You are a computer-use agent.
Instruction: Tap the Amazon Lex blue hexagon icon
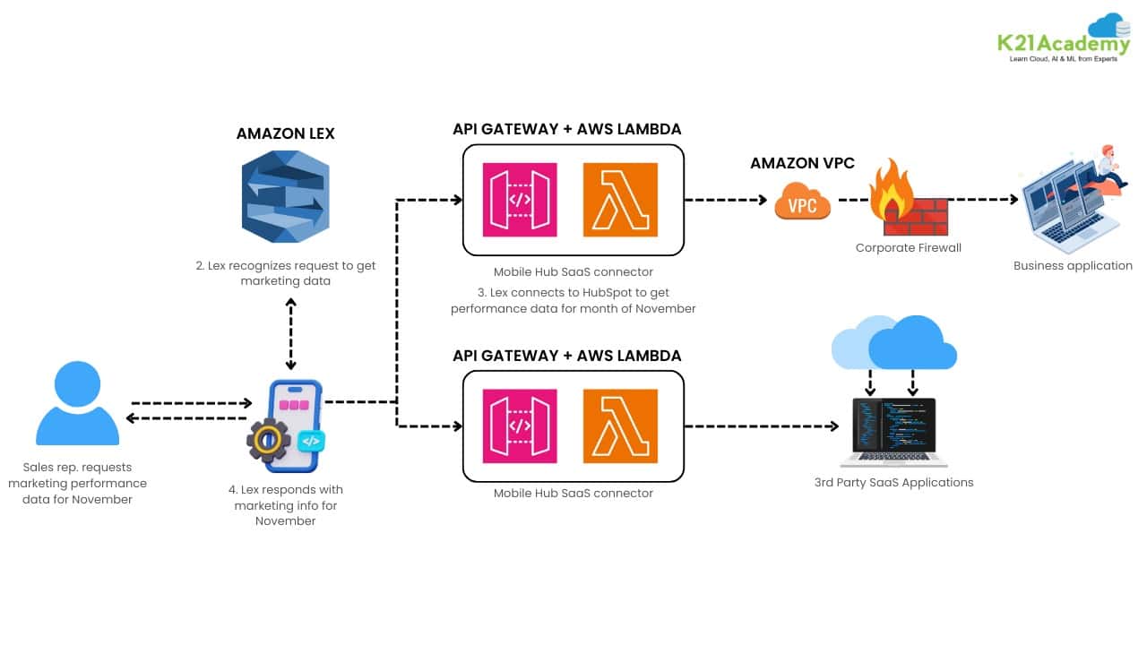(286, 197)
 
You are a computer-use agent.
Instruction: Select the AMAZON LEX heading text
(285, 133)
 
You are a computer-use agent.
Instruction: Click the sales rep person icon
(77, 404)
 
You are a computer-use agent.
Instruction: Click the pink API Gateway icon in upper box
(520, 200)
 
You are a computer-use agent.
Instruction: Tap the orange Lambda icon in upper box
(620, 200)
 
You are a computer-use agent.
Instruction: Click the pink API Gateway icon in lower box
(520, 426)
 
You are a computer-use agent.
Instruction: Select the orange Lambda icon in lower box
(620, 426)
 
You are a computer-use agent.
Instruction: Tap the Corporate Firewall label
(908, 247)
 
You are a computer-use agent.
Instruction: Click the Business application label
(1073, 265)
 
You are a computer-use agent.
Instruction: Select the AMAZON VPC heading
(802, 163)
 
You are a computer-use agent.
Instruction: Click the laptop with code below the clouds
(893, 433)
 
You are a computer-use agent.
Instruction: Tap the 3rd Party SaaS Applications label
(893, 482)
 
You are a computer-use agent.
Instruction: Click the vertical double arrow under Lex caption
(290, 333)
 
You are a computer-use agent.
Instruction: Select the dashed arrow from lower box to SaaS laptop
(762, 426)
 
